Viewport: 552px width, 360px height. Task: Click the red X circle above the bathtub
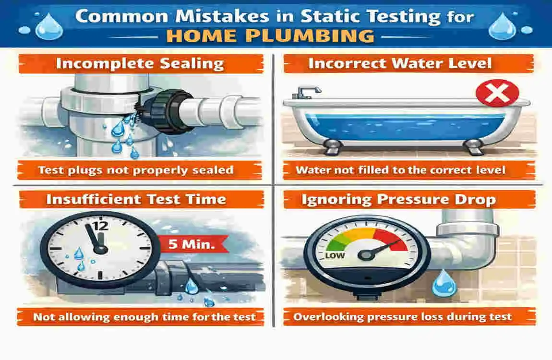point(497,93)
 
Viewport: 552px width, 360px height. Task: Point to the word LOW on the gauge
point(335,255)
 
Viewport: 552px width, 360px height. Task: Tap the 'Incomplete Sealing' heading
point(140,64)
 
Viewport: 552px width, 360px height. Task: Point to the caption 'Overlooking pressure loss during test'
point(402,317)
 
